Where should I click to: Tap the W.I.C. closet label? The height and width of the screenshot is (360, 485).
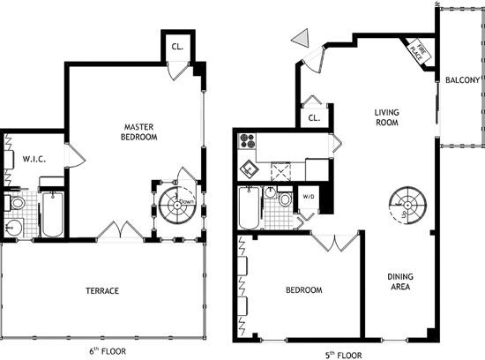coord(34,159)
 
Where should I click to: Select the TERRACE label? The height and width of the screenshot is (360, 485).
coord(102,290)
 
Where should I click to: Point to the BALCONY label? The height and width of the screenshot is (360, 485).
coord(462,80)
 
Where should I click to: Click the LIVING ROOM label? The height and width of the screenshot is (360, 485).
coord(387,117)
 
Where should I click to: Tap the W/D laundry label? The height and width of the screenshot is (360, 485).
coord(310,197)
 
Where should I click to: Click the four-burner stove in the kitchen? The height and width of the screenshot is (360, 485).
coord(247,141)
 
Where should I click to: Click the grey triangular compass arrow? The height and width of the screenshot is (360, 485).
coord(301,39)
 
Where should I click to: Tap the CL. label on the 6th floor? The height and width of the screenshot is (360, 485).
coord(177,48)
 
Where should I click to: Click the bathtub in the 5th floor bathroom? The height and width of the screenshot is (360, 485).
coord(250,208)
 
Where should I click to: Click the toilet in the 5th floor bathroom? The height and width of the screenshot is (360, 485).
coord(285,200)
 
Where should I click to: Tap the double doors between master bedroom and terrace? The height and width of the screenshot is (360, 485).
coord(120,231)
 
